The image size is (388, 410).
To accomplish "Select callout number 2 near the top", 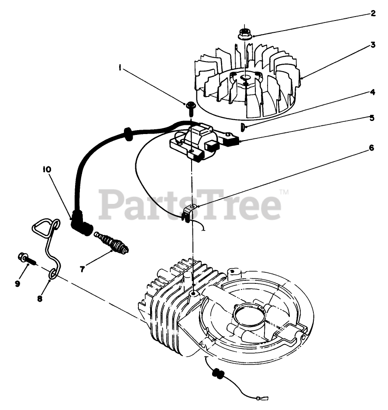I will [373, 13].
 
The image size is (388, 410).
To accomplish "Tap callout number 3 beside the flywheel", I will [373, 45].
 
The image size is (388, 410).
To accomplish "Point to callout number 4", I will [372, 92].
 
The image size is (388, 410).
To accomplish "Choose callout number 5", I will [372, 117].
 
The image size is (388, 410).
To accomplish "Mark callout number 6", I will [371, 148].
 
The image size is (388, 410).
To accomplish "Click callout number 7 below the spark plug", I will [82, 269].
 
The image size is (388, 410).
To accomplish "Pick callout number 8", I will [40, 299].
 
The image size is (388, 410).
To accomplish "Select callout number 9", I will [17, 283].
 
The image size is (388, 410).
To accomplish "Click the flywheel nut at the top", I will [244, 33].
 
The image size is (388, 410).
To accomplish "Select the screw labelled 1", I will [191, 106].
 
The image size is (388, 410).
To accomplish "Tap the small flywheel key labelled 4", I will [243, 127].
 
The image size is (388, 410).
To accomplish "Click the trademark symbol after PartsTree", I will [284, 191].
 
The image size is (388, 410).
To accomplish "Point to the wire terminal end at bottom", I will [264, 398].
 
